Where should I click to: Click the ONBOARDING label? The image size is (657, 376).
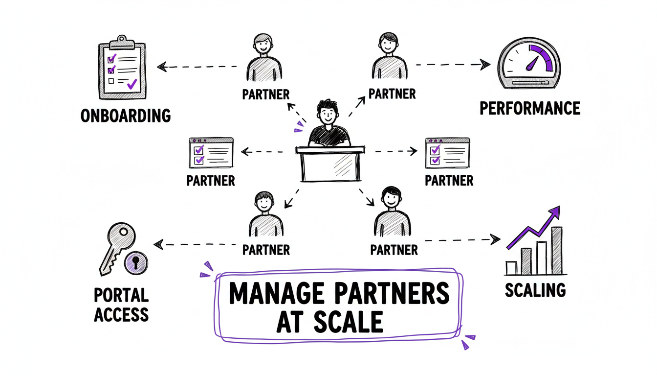[125, 116]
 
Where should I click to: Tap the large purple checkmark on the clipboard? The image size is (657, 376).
[131, 84]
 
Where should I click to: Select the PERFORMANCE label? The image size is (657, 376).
[529, 108]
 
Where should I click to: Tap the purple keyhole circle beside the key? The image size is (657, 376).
[136, 263]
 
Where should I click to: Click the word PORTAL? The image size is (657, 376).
[121, 295]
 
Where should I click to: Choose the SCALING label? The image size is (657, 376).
[535, 290]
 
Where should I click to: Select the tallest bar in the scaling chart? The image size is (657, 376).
[556, 250]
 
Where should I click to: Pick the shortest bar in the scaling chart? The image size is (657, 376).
[511, 267]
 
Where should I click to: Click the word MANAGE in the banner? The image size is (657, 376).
[276, 294]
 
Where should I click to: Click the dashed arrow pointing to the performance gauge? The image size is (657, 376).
[452, 64]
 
